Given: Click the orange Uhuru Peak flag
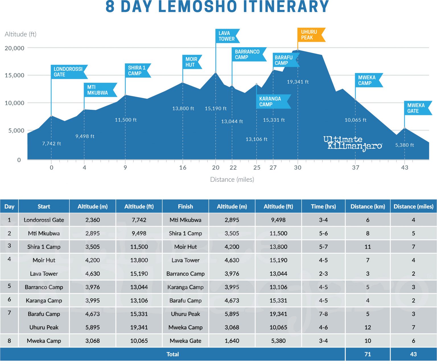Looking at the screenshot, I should point(310,35).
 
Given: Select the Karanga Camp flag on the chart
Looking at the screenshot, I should point(273,102).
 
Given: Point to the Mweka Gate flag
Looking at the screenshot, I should point(417,108).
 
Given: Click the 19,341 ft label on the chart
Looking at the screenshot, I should point(298,82).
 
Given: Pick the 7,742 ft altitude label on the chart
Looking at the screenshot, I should point(51,144).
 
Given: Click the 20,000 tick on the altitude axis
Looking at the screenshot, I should point(15,48).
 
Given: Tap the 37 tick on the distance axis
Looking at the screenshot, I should point(356,167).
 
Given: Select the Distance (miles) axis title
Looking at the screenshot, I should point(232,179).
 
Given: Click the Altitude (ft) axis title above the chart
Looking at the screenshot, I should point(20,34).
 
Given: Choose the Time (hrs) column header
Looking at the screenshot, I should point(323,206).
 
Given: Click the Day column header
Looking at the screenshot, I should point(9,206).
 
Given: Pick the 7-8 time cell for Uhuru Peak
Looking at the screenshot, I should point(323,314).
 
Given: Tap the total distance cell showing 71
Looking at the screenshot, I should point(368,354).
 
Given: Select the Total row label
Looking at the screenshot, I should point(172,354).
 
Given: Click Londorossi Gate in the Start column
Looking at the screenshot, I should point(44,220).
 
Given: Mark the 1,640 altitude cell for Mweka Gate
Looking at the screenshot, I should point(232,341).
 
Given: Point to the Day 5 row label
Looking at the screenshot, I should point(9,286).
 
